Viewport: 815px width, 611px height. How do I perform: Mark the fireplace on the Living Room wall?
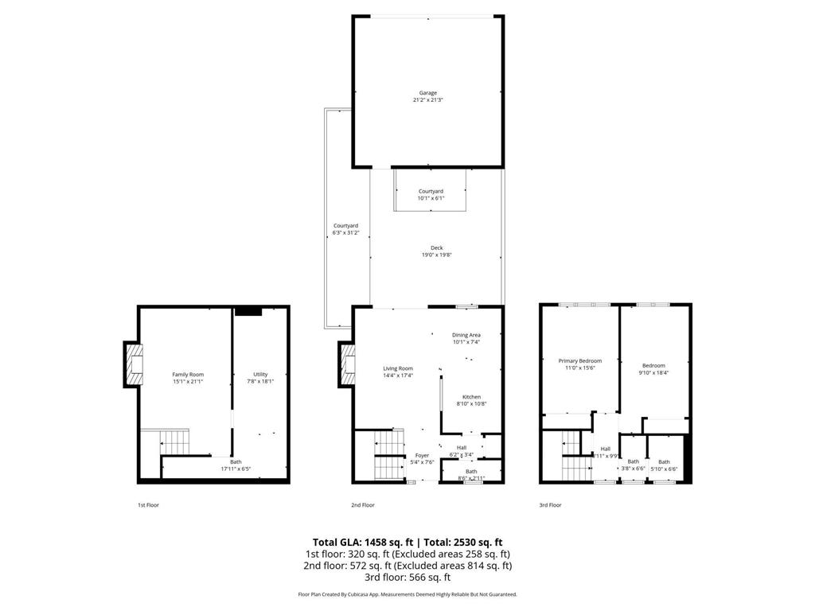tap(347, 364)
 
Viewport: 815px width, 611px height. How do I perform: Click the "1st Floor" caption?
tap(149, 505)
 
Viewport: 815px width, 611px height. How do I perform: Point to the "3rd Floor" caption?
tap(550, 505)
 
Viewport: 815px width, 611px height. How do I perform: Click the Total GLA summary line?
tap(407, 542)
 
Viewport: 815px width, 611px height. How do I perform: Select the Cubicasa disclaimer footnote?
tap(407, 594)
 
